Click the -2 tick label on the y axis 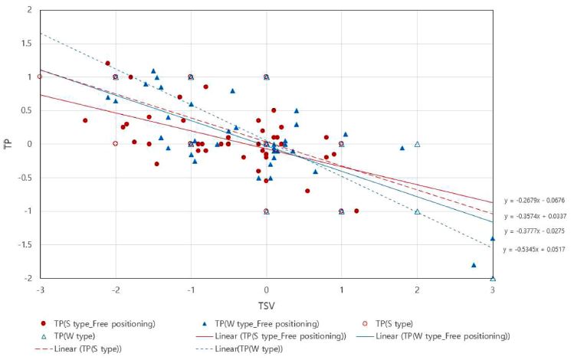pos(28,278)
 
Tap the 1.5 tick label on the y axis pos(26,44)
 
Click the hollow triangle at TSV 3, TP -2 pos(493,278)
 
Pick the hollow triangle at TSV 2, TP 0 pos(418,144)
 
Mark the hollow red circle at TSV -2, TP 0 pos(115,144)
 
